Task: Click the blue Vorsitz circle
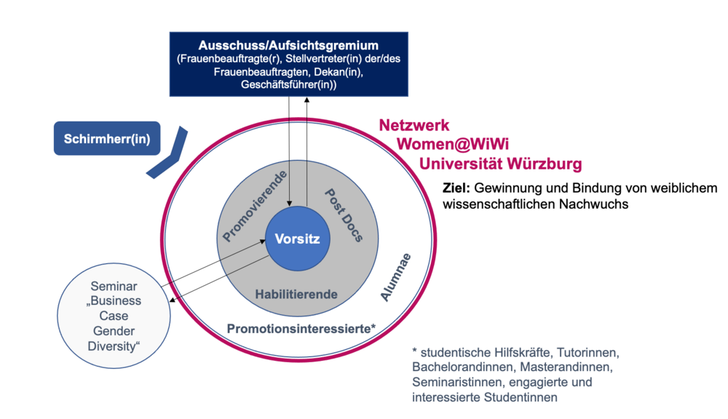(297, 238)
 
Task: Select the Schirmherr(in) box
(106, 138)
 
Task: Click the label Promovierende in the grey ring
(254, 205)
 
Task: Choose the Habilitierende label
(296, 294)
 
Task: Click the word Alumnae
(396, 277)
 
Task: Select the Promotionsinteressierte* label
(301, 328)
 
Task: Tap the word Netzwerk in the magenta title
(414, 124)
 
